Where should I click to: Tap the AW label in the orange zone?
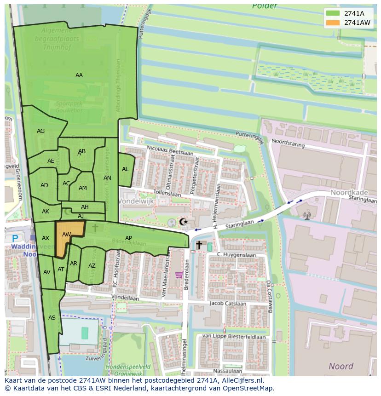point(67,235)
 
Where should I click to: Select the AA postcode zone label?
point(79,75)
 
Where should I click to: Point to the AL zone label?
point(125,169)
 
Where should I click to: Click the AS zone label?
point(52,318)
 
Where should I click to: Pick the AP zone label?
point(129,238)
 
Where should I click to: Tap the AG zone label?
point(41,131)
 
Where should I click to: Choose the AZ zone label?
point(92,266)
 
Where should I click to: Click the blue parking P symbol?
point(15,238)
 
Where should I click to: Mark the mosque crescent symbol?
point(183,222)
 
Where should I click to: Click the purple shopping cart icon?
point(179,275)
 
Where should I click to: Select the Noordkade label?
point(348,194)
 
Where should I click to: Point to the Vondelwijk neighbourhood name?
point(136,201)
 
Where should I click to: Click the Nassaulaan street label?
point(228,371)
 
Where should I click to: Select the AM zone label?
point(83,188)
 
